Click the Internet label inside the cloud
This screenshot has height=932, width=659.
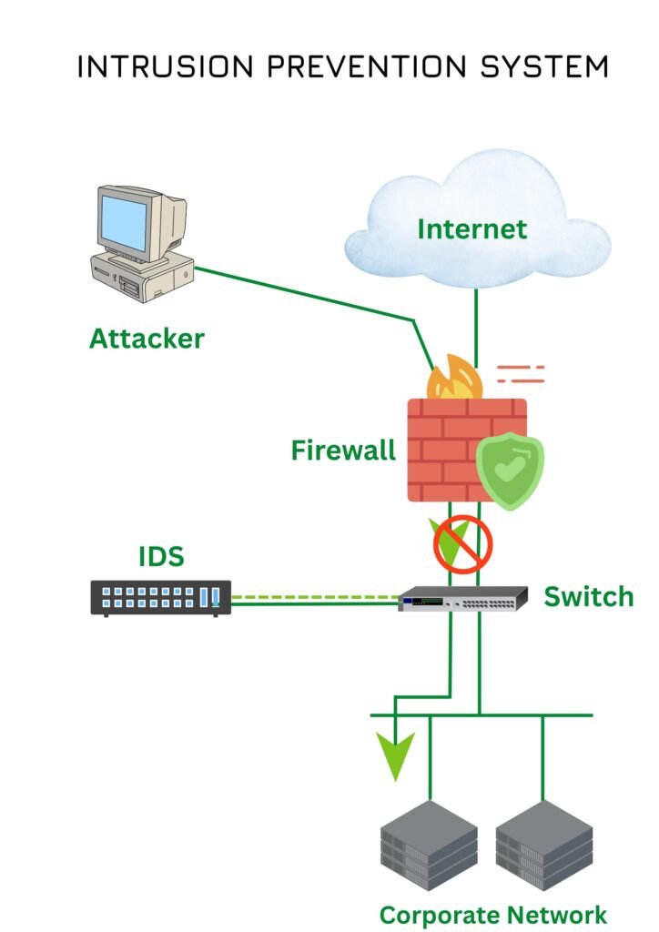pos(471,228)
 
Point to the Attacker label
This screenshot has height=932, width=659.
pos(147,339)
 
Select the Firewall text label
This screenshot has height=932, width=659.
pos(343,450)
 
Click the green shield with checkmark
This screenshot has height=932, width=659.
pos(510,471)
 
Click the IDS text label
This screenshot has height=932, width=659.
pos(161,556)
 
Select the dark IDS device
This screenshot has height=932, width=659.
pos(161,598)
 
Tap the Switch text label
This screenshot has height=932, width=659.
pos(588,597)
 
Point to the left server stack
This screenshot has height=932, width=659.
pos(428,846)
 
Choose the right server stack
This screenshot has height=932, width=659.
pos(544,846)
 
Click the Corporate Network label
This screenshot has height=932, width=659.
pos(492,914)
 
